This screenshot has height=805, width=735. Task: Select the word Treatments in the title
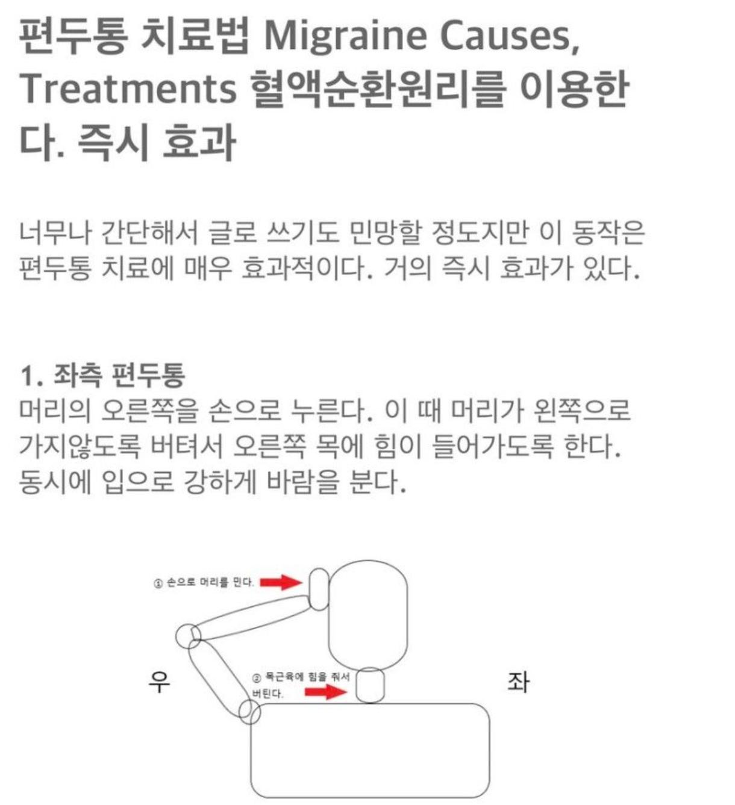pos(128,89)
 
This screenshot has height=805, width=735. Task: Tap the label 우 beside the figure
pos(159,682)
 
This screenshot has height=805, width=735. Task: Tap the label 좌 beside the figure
pos(517,682)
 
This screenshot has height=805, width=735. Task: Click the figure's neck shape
pos(369,685)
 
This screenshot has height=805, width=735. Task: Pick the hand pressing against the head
pos(319,588)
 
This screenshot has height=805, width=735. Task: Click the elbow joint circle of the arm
pos(188,635)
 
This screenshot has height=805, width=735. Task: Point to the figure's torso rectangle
pos(369,750)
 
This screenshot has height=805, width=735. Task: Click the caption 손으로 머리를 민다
pos(204,583)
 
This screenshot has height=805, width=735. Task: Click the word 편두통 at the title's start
pos(73,36)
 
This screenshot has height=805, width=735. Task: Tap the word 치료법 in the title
pos(194,36)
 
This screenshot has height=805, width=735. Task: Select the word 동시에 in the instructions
pos(55,481)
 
